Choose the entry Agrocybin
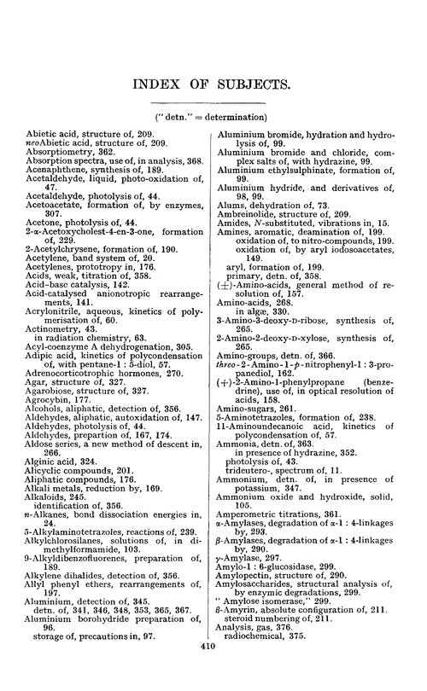pyautogui.click(x=50, y=400)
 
